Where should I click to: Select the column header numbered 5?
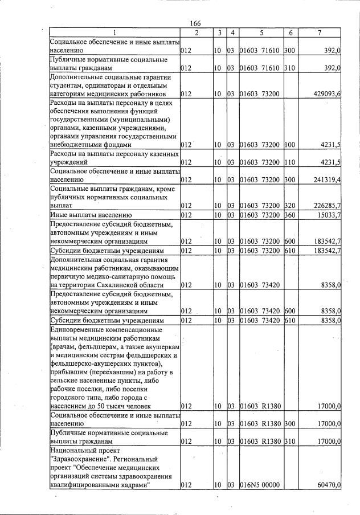(x=260, y=33)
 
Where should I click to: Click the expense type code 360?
(x=289, y=215)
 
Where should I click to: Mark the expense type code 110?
(x=289, y=163)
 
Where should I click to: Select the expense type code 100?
(x=289, y=146)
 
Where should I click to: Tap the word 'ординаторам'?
(x=108, y=85)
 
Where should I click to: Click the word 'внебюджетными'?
(x=76, y=146)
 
